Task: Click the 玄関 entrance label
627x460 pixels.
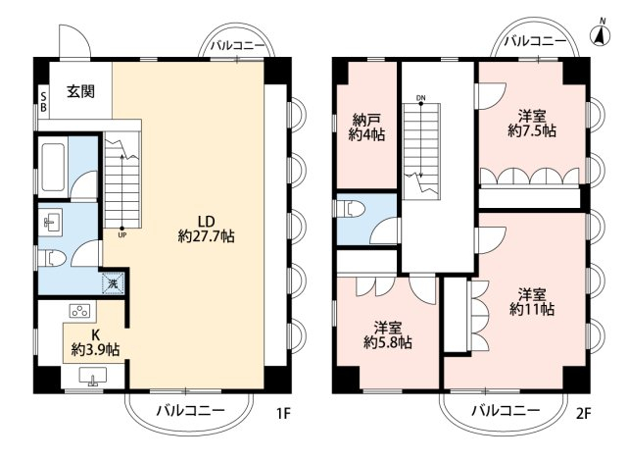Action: point(80,91)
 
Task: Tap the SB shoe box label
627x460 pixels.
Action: point(43,102)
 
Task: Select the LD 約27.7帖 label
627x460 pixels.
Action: point(207,229)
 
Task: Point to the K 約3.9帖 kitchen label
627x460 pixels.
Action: point(95,342)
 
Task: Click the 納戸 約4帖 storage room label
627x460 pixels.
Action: point(366,128)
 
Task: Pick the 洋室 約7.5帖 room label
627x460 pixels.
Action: point(532,124)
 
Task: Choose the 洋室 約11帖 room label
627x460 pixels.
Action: point(532,301)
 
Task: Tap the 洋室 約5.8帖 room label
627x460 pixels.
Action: point(388,335)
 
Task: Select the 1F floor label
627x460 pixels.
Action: point(283,413)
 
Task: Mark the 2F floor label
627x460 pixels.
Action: point(584,413)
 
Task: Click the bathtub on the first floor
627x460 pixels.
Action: point(53,168)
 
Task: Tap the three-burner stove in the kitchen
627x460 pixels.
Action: point(80,311)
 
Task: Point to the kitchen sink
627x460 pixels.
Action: point(93,377)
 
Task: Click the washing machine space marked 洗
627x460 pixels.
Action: point(114,283)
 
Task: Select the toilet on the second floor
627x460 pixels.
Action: point(351,209)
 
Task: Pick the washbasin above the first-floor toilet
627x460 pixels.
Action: point(50,221)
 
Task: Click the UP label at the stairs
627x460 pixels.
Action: point(122,235)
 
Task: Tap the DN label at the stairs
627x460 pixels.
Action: point(420,98)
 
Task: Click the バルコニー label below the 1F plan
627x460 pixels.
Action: point(190,410)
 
